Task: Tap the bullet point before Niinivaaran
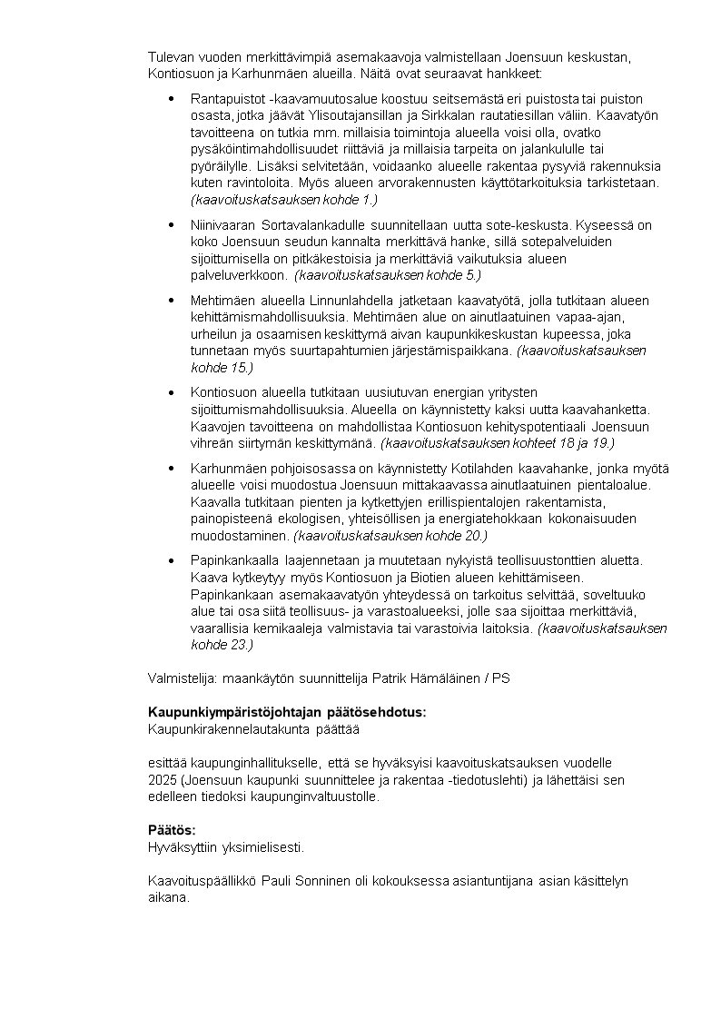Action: click(x=172, y=225)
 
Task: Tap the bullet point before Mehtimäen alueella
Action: click(x=172, y=301)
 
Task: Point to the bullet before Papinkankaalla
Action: click(x=172, y=560)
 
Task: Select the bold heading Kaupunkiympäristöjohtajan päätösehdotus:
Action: click(x=287, y=712)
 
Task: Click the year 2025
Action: click(x=162, y=780)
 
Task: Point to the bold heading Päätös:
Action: click(x=172, y=830)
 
